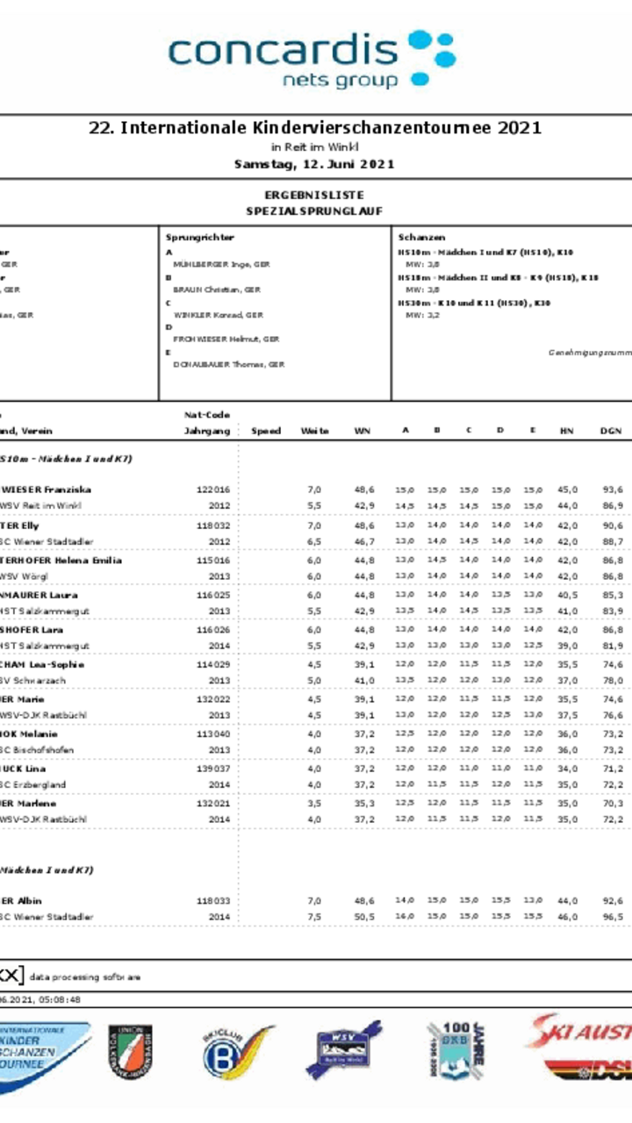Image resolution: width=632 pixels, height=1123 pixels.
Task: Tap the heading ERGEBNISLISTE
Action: [x=313, y=195]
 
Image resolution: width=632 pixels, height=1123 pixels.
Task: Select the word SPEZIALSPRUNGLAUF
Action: [x=313, y=211]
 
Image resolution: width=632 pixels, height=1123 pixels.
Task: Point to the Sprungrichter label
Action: [x=200, y=237]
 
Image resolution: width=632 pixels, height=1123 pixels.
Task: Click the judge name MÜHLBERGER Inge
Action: [x=221, y=263]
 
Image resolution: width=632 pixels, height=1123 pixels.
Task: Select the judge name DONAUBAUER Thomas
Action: [x=228, y=364]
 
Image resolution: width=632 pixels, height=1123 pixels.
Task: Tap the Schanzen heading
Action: [x=421, y=237]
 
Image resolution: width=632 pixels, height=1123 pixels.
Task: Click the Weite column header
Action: [x=314, y=431]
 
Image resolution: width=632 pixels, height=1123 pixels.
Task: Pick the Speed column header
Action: [x=266, y=431]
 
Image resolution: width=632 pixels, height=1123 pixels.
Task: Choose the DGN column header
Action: [x=611, y=431]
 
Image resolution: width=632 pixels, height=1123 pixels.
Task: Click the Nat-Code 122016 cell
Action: [x=213, y=490]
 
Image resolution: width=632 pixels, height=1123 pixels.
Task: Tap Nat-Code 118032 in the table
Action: [x=213, y=525]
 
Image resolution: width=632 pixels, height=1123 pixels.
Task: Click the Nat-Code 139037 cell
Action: [x=213, y=769]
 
